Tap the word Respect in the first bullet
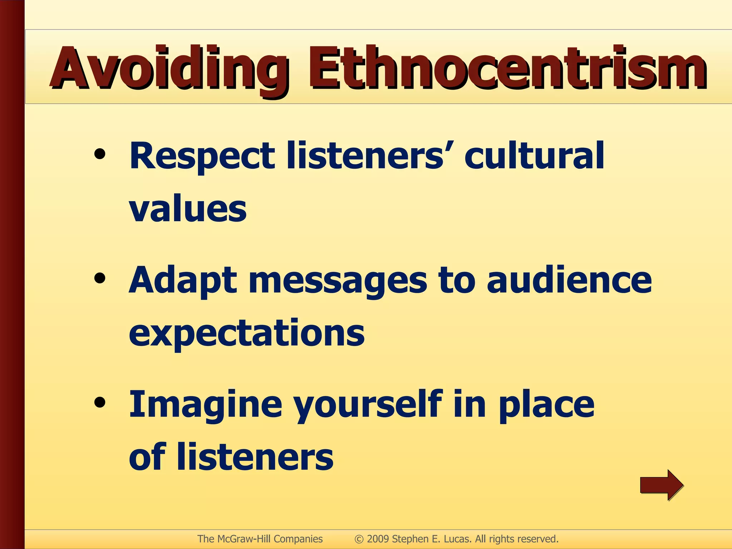tap(202, 156)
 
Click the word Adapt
tap(182, 281)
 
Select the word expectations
tap(247, 333)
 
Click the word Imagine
tap(206, 405)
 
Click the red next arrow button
tap(661, 485)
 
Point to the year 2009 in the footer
tap(378, 539)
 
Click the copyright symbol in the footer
tap(359, 539)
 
